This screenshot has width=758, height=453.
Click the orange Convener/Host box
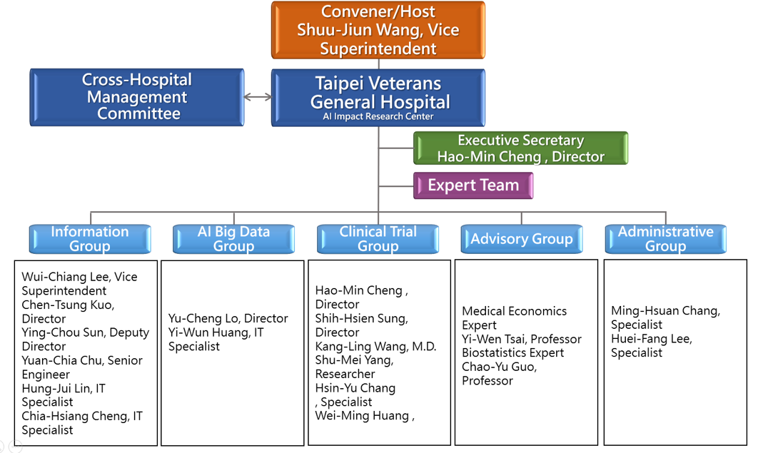(378, 30)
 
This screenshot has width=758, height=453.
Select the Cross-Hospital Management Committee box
(137, 97)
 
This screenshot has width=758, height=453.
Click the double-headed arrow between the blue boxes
(258, 97)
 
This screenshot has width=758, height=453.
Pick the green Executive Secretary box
(520, 148)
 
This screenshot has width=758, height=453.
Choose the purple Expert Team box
(473, 185)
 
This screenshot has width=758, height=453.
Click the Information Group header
(90, 239)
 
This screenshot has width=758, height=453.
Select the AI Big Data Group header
(233, 239)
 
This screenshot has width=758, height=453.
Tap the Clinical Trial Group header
(378, 239)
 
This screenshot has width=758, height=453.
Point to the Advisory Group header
(521, 239)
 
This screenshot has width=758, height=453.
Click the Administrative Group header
(665, 239)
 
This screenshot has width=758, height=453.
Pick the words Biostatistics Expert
(512, 353)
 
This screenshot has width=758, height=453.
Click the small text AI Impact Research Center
(378, 116)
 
